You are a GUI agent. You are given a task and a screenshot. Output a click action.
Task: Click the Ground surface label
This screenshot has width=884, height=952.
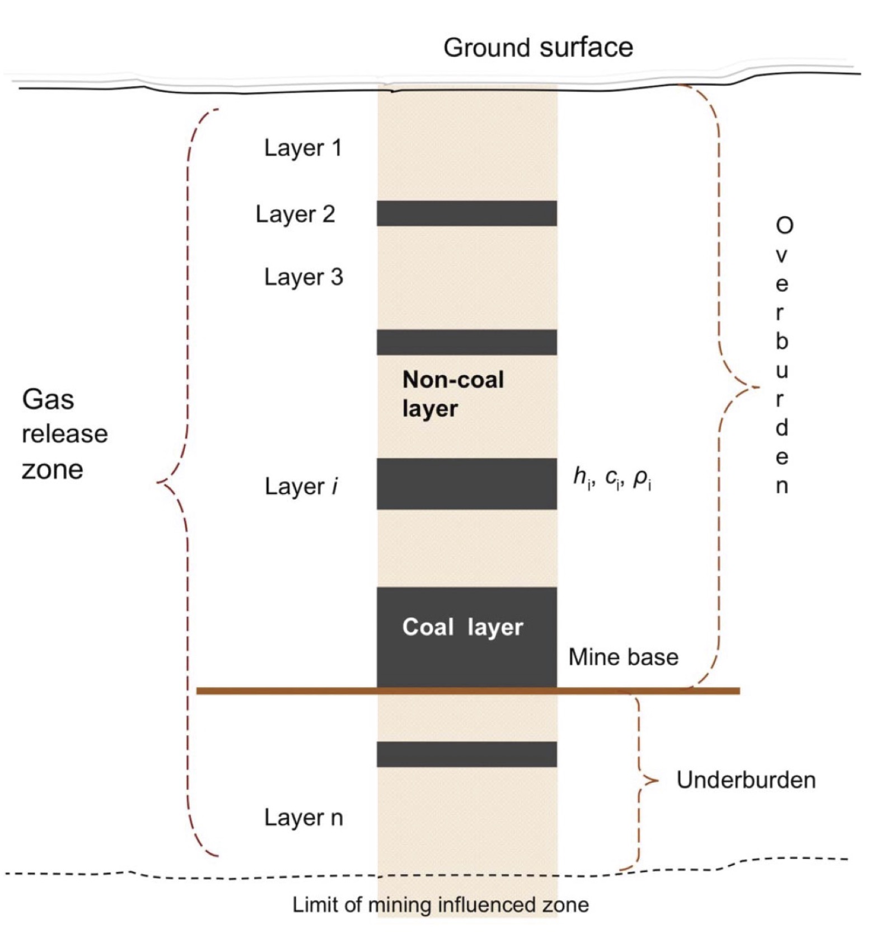pos(538,48)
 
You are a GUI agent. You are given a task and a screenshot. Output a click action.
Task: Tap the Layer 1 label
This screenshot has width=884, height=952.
pos(303,148)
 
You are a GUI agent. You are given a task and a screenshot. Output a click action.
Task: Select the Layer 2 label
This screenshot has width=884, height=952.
pos(295,214)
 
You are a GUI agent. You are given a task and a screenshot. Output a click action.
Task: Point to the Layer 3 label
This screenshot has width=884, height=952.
pos(303,277)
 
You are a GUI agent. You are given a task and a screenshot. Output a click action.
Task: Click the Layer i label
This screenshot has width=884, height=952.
pos(301,487)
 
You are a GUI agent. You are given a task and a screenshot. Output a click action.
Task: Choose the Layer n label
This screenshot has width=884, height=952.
pos(303,818)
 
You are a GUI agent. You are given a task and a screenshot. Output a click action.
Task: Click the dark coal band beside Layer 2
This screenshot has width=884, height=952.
pos(467,213)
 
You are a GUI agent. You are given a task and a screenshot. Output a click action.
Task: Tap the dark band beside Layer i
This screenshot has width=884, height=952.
pos(467,484)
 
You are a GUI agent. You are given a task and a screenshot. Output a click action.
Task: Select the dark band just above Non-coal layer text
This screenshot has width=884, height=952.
pos(467,342)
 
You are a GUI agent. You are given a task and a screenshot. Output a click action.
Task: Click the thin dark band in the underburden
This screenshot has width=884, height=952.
pos(467,754)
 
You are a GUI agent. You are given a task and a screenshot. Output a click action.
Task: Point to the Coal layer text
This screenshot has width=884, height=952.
pos(462,627)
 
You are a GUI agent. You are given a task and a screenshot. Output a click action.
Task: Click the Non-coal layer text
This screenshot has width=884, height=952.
pos(453,394)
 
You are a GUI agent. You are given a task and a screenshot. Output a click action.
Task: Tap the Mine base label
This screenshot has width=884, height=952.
pos(623,657)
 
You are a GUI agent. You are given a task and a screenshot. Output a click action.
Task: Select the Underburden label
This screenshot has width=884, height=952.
pos(746,780)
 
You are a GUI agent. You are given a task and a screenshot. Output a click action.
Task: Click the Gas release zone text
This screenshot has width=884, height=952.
pos(64,435)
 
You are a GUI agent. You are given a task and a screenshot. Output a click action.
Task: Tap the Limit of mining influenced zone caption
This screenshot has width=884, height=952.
pos(441,905)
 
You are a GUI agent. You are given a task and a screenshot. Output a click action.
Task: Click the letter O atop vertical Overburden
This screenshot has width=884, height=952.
pos(784,226)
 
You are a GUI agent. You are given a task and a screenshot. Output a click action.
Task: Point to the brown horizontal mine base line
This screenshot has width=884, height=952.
pos(468,691)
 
